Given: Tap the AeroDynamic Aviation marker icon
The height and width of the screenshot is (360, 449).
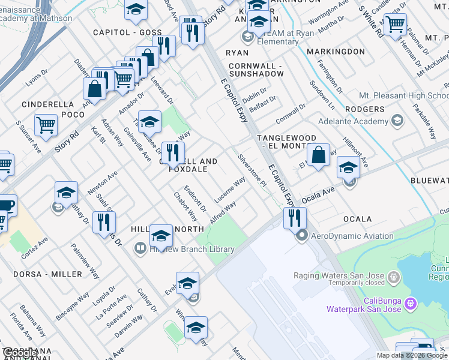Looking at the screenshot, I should coord(303,236).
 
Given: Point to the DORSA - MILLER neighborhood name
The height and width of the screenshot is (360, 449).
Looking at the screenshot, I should coord(47,274).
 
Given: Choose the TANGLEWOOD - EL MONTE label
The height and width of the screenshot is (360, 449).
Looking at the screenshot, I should coord(295,138).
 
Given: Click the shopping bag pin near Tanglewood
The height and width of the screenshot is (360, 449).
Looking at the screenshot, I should coord(319,155).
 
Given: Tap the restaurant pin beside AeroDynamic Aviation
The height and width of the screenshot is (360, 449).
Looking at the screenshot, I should coord(294,217).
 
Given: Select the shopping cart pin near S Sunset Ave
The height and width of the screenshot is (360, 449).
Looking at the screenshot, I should coord(46,125).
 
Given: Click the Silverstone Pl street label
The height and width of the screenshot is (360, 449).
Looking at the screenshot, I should coord(252,171).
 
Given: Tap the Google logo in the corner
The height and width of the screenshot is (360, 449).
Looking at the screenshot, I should coord(19,353).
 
